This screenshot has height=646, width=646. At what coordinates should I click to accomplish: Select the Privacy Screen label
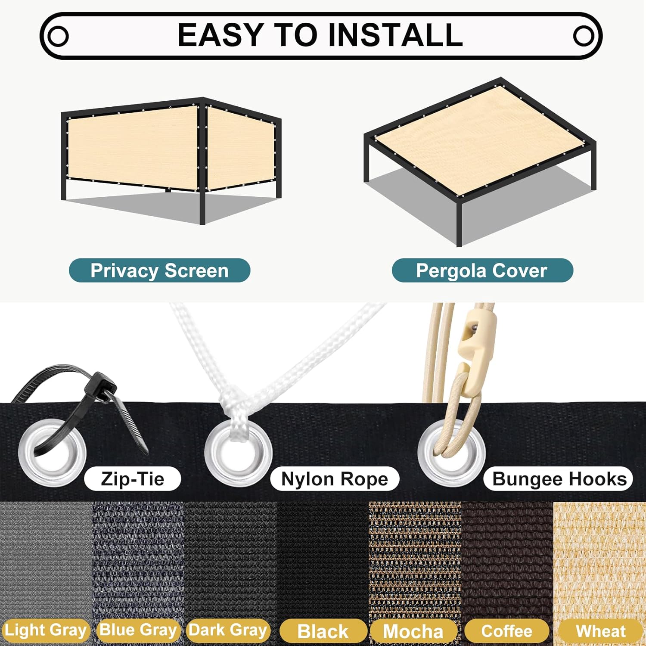pos(159,270)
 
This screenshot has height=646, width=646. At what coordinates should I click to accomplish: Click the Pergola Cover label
pos(482,270)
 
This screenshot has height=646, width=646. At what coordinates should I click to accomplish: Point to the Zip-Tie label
pos(133,478)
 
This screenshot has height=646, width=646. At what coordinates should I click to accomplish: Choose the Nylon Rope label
pos(335,478)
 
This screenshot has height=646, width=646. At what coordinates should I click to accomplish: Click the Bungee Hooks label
pos(558,478)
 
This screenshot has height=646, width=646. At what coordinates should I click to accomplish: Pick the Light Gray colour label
pos(45,630)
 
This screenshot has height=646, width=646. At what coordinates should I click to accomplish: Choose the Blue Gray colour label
pos(138,630)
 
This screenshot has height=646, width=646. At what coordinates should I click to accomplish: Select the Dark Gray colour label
pos(228,630)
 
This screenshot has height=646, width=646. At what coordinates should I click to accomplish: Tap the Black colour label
pos(323,631)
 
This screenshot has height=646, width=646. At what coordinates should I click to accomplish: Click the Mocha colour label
pos(413,631)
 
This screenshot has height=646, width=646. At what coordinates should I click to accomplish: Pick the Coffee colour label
pos(506,631)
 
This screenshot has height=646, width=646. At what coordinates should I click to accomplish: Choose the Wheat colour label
pos(600,631)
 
